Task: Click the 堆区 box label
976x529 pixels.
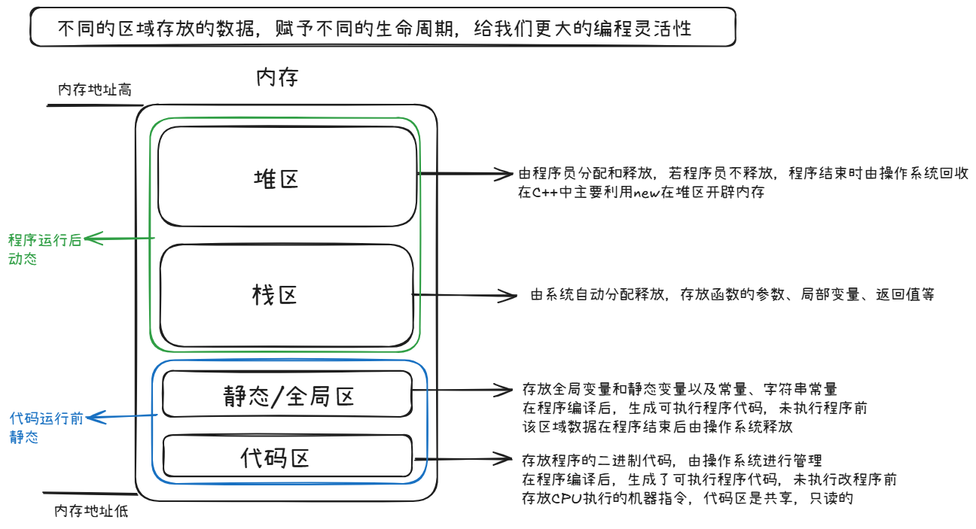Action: [x=276, y=179]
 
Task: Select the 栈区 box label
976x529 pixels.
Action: [x=275, y=294]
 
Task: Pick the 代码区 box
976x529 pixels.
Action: [x=276, y=457]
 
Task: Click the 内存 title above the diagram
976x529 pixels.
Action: [x=278, y=78]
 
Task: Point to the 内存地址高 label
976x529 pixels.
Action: [x=95, y=90]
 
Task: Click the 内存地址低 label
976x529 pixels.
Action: [x=91, y=512]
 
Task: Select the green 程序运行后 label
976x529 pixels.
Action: [x=44, y=241]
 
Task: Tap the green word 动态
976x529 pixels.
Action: [x=23, y=260]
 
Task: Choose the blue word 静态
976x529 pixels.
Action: [x=24, y=437]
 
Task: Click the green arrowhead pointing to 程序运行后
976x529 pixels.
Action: [x=90, y=240]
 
